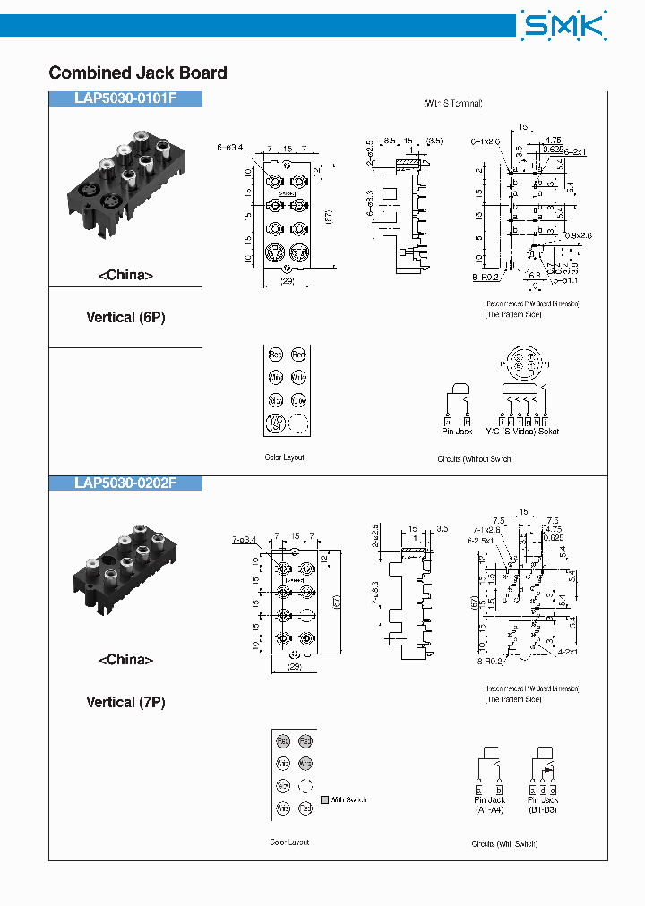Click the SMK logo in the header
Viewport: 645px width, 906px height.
coord(563,26)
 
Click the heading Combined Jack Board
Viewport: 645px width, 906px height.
coord(138,73)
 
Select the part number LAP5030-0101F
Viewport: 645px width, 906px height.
coord(125,99)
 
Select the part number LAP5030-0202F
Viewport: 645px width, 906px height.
coord(125,483)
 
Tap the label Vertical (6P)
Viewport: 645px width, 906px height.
coord(125,317)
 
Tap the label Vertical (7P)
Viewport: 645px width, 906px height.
coord(125,703)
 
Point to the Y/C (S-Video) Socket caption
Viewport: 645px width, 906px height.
coord(521,432)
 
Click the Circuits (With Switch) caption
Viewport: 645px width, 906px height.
coord(504,843)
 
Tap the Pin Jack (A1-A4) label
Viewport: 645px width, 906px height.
coord(490,804)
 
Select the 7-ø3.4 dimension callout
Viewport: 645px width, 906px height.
coord(244,540)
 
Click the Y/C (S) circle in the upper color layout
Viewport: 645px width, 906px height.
coord(276,423)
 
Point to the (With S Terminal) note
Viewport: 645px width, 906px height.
coord(453,103)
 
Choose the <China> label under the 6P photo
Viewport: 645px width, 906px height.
coord(125,276)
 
